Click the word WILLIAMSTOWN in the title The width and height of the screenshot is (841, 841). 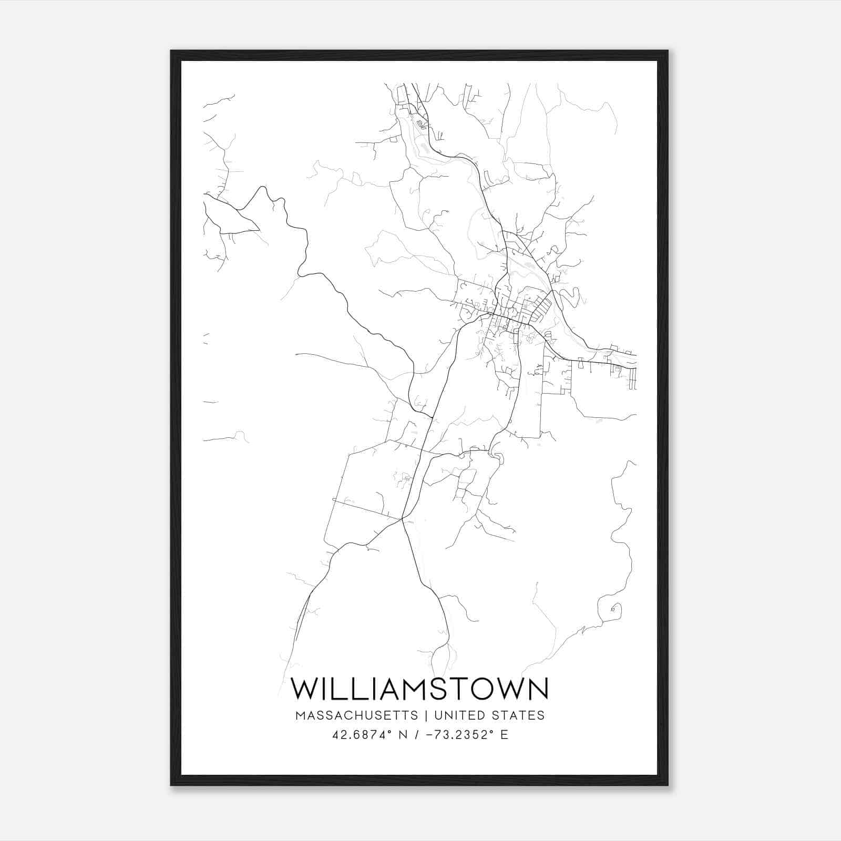coord(419,689)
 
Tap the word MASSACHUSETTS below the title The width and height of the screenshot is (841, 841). coord(357,715)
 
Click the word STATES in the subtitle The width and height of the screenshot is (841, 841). coord(519,715)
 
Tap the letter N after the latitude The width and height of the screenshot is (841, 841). coord(404,735)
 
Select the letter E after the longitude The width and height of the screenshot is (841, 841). coord(504,735)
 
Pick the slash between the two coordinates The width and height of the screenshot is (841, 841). coord(416,735)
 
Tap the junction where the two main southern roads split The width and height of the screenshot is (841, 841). coord(402,519)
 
